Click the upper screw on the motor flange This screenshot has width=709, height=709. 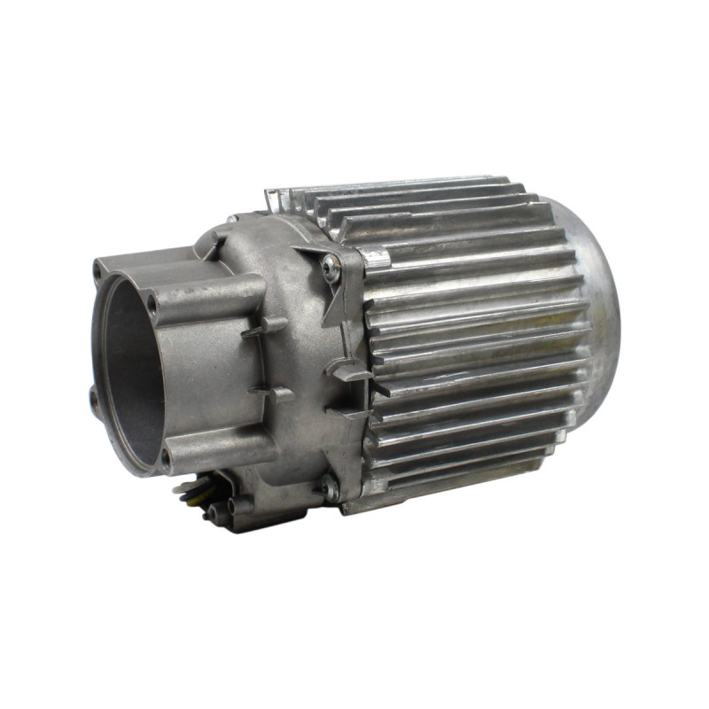pos(331,268)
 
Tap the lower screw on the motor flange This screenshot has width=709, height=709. pos(330,486)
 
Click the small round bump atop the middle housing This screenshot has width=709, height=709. pos(231,218)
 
